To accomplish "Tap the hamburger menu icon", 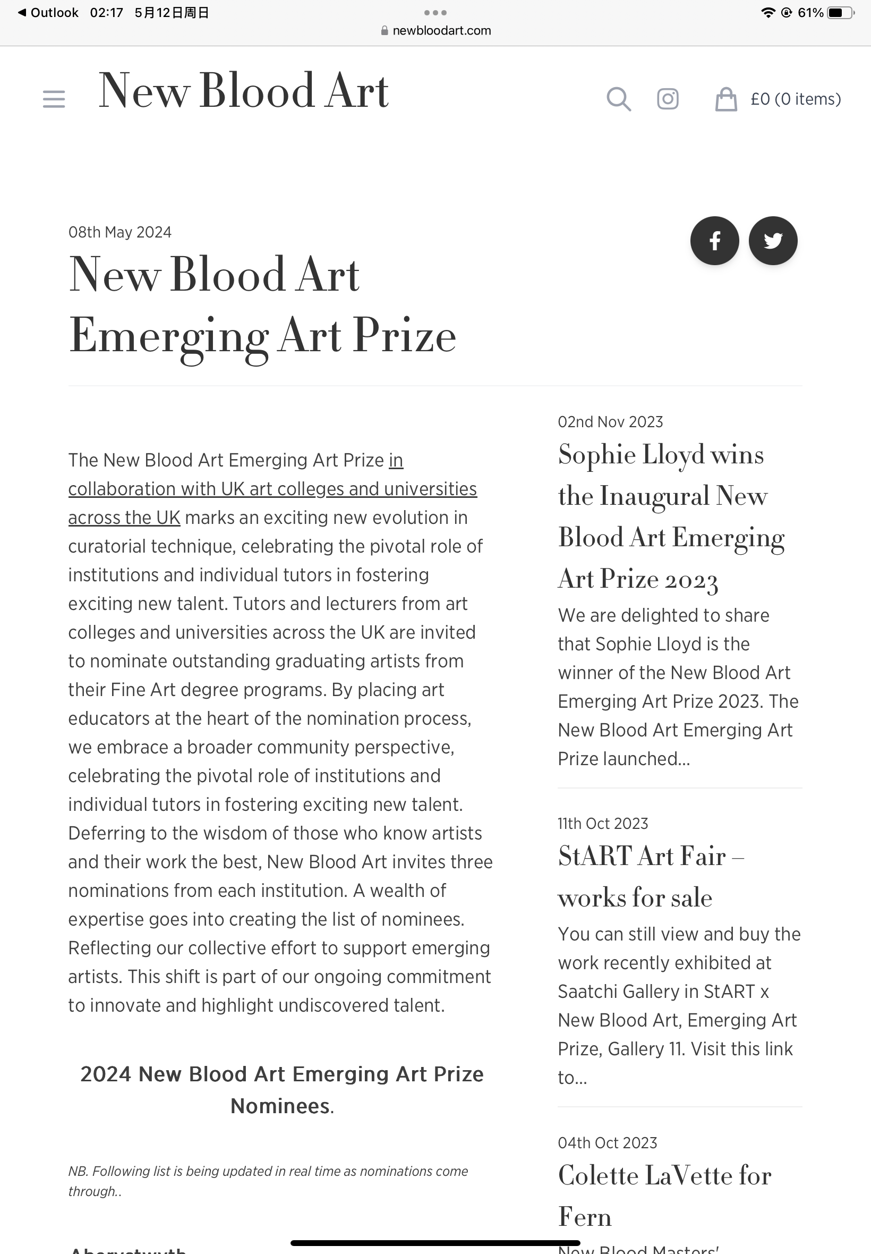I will coord(54,99).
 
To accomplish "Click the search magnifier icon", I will coord(618,99).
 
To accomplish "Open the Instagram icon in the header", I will coord(668,99).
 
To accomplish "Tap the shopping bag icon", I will coord(726,99).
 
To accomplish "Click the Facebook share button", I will coord(714,241).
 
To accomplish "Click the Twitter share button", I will coord(773,241).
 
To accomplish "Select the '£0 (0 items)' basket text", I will coord(795,99).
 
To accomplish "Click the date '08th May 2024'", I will coord(119,232).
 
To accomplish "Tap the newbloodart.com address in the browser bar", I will coord(441,31).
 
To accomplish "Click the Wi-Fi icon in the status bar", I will coord(768,13).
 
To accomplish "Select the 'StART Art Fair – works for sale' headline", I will coord(651,876).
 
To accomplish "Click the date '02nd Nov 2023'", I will coord(610,421).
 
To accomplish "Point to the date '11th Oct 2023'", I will coord(602,823).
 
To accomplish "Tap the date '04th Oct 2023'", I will coord(607,1142).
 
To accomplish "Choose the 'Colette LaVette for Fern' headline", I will coord(664,1196).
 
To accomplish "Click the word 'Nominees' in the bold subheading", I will coord(280,1106).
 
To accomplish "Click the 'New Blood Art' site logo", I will coord(243,91).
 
